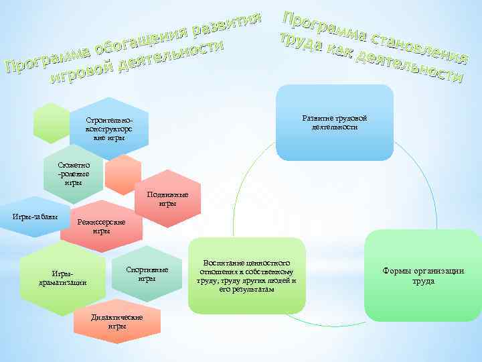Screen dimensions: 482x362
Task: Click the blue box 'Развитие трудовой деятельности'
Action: tap(334, 123)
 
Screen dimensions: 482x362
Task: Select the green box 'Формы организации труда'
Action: tap(423, 276)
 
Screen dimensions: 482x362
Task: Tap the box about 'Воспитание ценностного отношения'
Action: tap(246, 276)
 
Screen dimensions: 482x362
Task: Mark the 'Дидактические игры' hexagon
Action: tap(117, 320)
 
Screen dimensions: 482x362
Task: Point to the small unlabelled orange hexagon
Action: tap(124, 176)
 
